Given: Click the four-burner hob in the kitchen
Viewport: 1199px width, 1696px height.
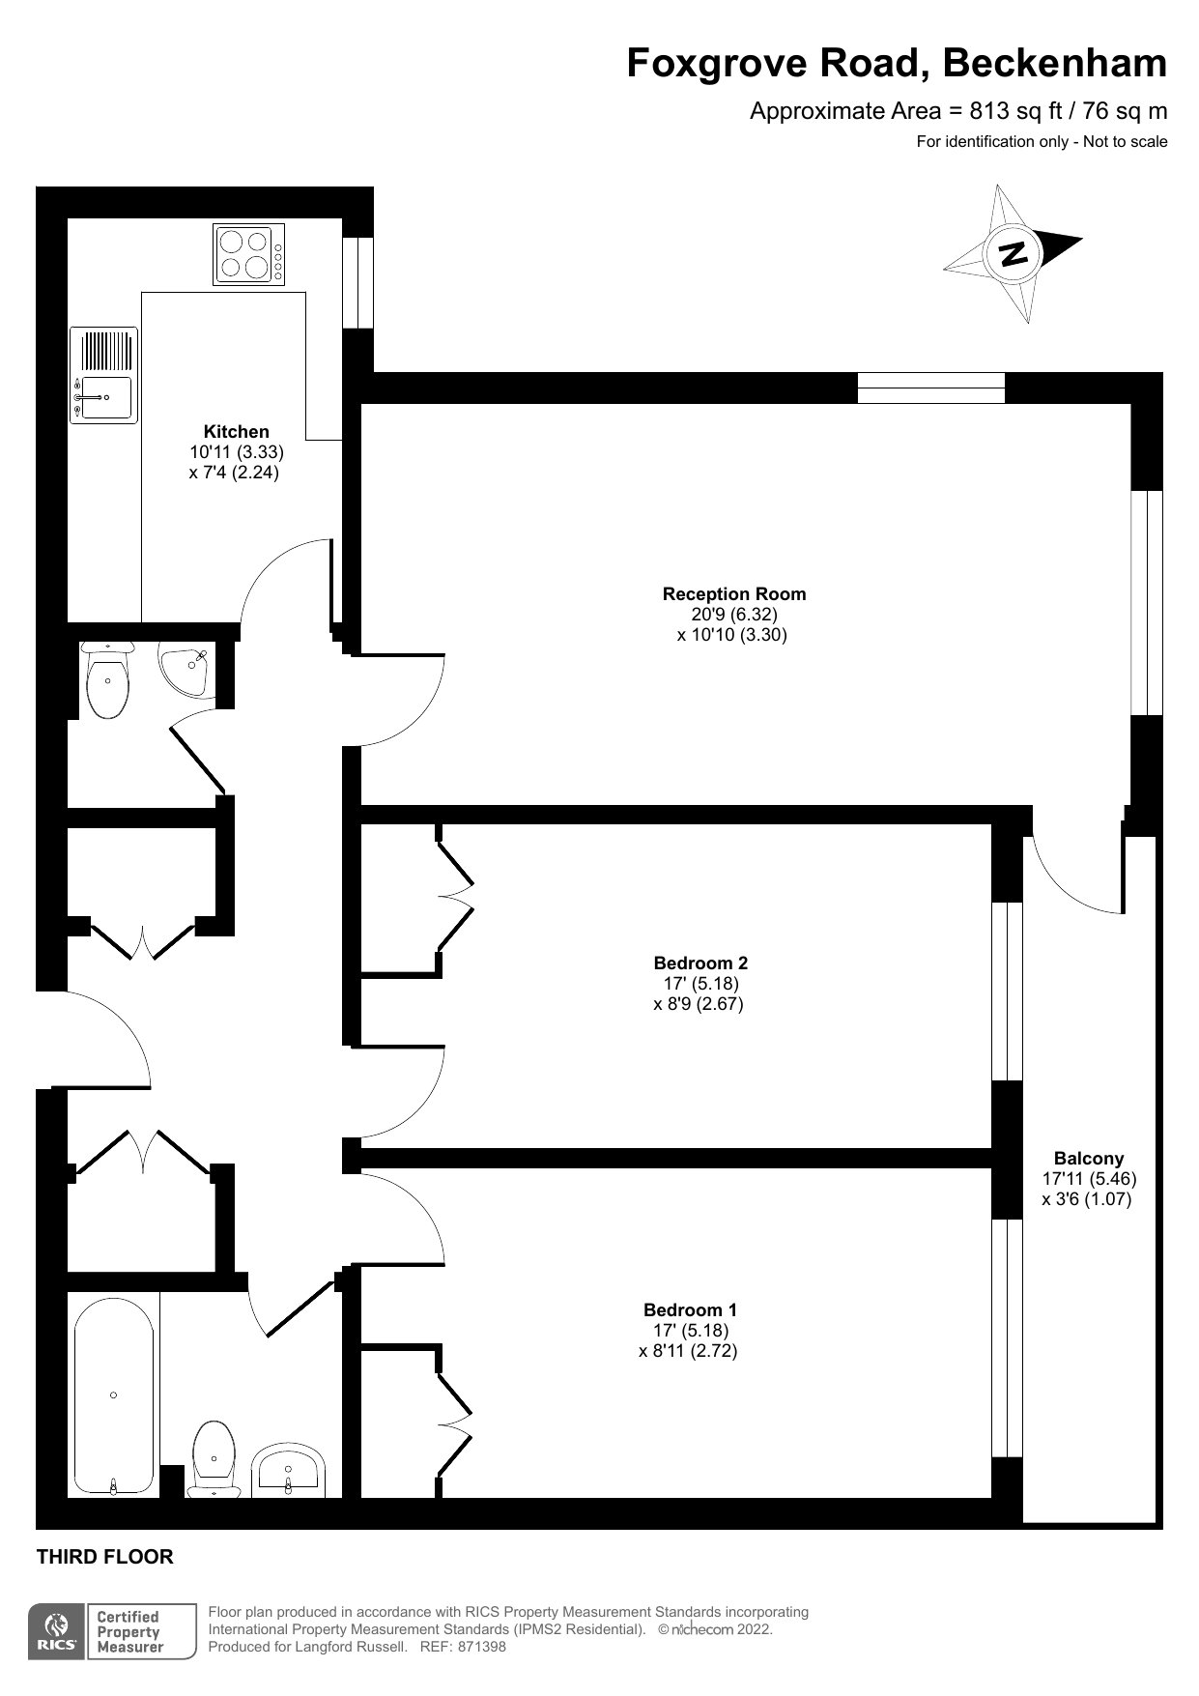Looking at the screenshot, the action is [x=249, y=253].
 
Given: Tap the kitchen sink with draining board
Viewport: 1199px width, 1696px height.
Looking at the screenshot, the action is [x=103, y=375].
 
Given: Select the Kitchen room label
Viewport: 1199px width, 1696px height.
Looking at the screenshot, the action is [x=236, y=431].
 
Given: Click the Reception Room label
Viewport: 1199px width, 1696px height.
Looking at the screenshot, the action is [x=734, y=593].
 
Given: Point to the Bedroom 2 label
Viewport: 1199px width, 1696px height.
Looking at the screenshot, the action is [x=700, y=963].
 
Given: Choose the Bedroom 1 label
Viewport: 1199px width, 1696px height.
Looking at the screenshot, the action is [x=690, y=1309].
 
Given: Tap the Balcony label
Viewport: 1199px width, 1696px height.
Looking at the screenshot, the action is [x=1089, y=1158].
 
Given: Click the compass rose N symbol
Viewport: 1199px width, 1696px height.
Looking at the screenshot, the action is [x=1013, y=253].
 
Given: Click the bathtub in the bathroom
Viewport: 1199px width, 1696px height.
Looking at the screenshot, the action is [x=114, y=1395].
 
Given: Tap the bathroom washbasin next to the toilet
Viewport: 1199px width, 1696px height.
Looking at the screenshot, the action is [x=289, y=1472].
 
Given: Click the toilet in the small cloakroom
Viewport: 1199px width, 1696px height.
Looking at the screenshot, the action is [x=106, y=679].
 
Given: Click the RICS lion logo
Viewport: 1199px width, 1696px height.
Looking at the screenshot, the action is [x=57, y=1632].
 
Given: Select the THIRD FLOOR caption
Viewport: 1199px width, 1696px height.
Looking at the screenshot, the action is [x=104, y=1557].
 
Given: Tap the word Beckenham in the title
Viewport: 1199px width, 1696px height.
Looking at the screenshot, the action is [x=1055, y=64].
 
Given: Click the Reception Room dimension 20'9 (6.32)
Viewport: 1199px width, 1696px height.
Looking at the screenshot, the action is [x=734, y=614].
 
